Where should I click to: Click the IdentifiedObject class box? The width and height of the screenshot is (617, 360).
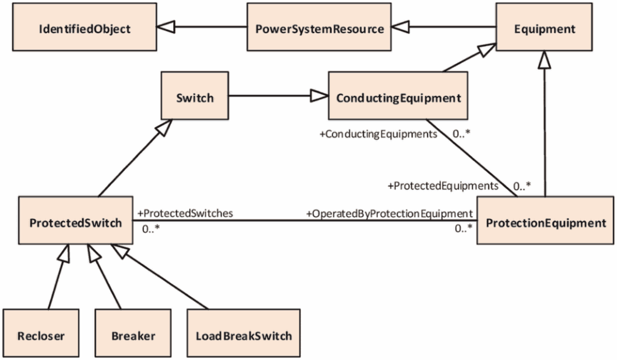[85, 27]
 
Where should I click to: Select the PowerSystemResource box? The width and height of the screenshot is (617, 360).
[319, 27]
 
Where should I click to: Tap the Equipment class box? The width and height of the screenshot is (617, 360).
[544, 27]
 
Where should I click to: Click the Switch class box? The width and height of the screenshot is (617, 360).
[195, 96]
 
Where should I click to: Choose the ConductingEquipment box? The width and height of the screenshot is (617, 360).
[398, 96]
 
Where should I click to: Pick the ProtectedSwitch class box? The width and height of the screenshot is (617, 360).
[76, 221]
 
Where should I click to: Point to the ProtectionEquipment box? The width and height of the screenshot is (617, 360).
[545, 221]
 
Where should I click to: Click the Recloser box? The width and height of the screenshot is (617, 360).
[41, 333]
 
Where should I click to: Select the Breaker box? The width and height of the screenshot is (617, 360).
[133, 333]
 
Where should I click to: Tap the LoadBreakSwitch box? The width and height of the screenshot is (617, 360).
[244, 333]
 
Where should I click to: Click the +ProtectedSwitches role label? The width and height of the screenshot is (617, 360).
[185, 213]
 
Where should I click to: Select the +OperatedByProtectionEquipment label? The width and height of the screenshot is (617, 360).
[390, 214]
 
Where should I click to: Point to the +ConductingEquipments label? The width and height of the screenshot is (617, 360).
[378, 134]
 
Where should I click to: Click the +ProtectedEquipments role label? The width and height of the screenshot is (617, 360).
[443, 186]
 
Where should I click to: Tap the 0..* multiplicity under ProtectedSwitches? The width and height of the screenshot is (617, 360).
[151, 229]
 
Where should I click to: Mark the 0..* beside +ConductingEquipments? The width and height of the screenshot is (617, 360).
[461, 134]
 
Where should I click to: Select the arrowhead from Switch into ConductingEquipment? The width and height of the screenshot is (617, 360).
[320, 96]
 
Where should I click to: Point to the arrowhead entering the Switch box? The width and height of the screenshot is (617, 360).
[164, 127]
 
